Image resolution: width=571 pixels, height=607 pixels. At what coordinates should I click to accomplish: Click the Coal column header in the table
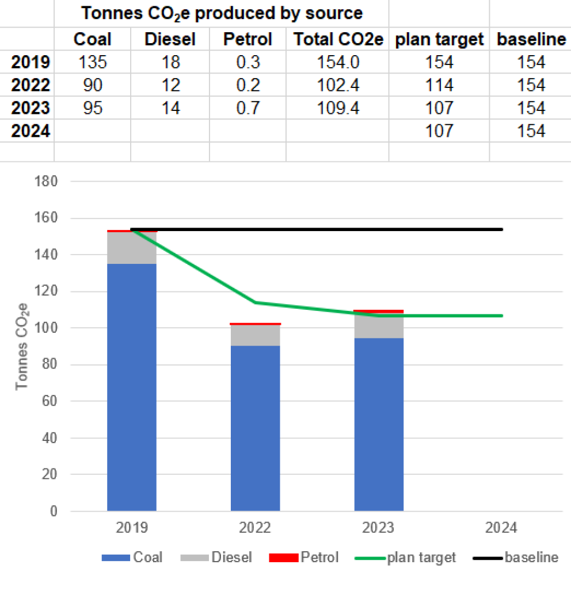pos(92,39)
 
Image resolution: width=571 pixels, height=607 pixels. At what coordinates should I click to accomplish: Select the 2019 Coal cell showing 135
pos(92,62)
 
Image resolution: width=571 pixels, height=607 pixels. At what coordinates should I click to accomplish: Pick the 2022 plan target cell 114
pos(439,85)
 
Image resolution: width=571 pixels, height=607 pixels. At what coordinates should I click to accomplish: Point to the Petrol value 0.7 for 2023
pos(248,108)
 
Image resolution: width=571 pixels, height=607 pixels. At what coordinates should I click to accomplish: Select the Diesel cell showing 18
pos(170,62)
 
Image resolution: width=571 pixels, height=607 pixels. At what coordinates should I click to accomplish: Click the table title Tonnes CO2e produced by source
pos(221,13)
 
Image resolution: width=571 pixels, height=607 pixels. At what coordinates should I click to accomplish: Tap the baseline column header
pos(531,39)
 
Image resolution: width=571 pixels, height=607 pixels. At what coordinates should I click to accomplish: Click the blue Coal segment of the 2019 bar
pos(132,385)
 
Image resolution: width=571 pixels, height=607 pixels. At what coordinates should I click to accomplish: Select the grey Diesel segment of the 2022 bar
pos(255,335)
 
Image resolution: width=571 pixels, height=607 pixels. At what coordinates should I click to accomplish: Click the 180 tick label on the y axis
pos(47,182)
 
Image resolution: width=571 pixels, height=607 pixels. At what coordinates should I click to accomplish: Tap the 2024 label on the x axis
pos(501,527)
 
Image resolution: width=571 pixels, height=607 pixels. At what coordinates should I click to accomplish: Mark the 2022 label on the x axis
pos(255,527)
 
